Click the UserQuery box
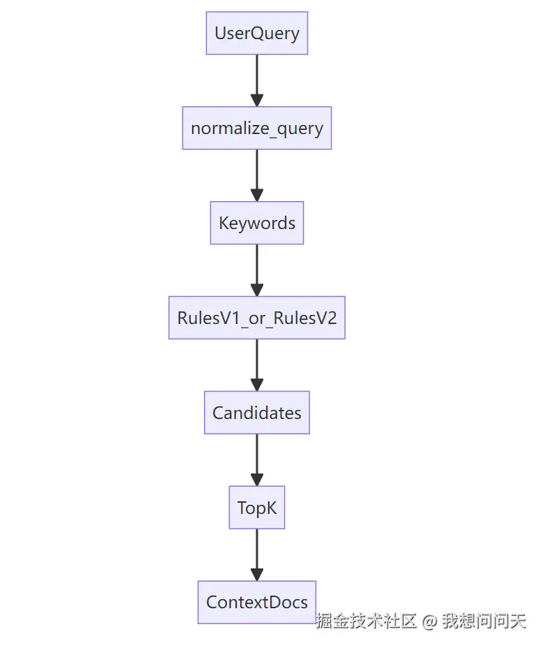pos(256,33)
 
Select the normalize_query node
pos(256,128)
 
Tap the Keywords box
pos(256,223)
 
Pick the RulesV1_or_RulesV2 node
pos(256,318)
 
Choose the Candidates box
pos(256,413)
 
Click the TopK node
pos(256,508)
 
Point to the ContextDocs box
pos(256,602)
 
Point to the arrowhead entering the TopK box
pos(256,480)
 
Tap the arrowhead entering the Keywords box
pos(256,195)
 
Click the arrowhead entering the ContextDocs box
pos(256,575)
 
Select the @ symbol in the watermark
pos(430,621)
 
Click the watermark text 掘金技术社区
pos(367,621)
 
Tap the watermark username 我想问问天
pos(484,621)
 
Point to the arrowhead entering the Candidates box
pos(256,385)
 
